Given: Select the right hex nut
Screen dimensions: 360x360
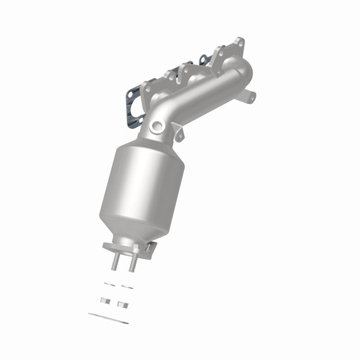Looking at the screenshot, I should (121, 304).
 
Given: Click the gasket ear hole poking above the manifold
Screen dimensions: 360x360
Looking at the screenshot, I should (203, 58).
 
